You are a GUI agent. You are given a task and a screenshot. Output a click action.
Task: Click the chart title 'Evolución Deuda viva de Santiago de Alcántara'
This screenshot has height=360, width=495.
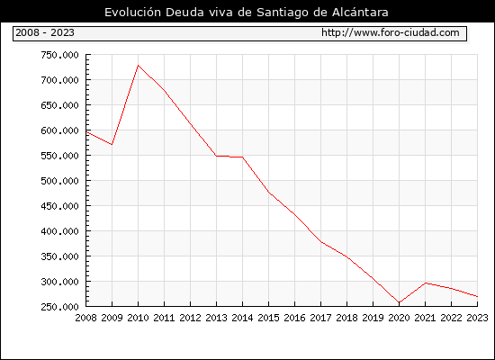click(x=247, y=13)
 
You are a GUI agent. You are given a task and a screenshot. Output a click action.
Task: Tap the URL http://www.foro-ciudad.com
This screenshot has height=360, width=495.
click(x=391, y=32)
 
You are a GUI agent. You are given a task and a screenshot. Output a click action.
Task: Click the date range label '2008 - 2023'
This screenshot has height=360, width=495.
click(x=45, y=32)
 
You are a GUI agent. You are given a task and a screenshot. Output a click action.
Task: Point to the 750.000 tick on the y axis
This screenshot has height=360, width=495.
click(x=59, y=55)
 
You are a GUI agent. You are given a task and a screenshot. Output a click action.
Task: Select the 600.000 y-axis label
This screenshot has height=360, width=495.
click(x=59, y=130)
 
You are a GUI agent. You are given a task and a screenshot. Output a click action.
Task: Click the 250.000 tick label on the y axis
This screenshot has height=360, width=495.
click(x=59, y=307)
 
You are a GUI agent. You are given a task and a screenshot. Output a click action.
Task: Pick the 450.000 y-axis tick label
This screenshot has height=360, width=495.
click(x=59, y=206)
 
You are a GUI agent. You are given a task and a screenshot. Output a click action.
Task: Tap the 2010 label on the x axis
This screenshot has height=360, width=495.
click(x=138, y=318)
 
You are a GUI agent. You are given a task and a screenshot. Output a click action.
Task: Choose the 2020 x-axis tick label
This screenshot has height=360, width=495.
click(x=399, y=318)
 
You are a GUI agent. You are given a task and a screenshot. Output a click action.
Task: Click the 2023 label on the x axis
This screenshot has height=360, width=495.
click(x=477, y=318)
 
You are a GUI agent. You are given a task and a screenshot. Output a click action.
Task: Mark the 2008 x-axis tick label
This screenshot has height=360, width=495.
click(x=85, y=318)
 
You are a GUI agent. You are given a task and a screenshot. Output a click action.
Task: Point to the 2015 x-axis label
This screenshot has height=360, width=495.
click(x=269, y=318)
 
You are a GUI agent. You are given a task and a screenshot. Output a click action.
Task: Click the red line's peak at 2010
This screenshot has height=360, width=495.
click(x=138, y=66)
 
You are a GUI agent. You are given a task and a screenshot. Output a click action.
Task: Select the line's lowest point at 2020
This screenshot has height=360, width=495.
click(x=399, y=302)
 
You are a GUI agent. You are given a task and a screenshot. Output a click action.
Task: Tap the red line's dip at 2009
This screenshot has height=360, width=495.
click(x=112, y=145)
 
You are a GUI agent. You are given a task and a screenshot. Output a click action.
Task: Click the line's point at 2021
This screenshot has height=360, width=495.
click(x=425, y=283)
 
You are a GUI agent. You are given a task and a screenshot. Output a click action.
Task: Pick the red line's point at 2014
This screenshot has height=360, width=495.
click(x=242, y=157)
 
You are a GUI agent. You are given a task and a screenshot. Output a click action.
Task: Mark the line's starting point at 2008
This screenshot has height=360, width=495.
click(x=86, y=132)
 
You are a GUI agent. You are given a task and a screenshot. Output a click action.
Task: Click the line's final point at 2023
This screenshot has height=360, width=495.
click(x=477, y=296)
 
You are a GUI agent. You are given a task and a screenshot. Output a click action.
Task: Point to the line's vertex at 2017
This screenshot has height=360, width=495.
click(x=320, y=242)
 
